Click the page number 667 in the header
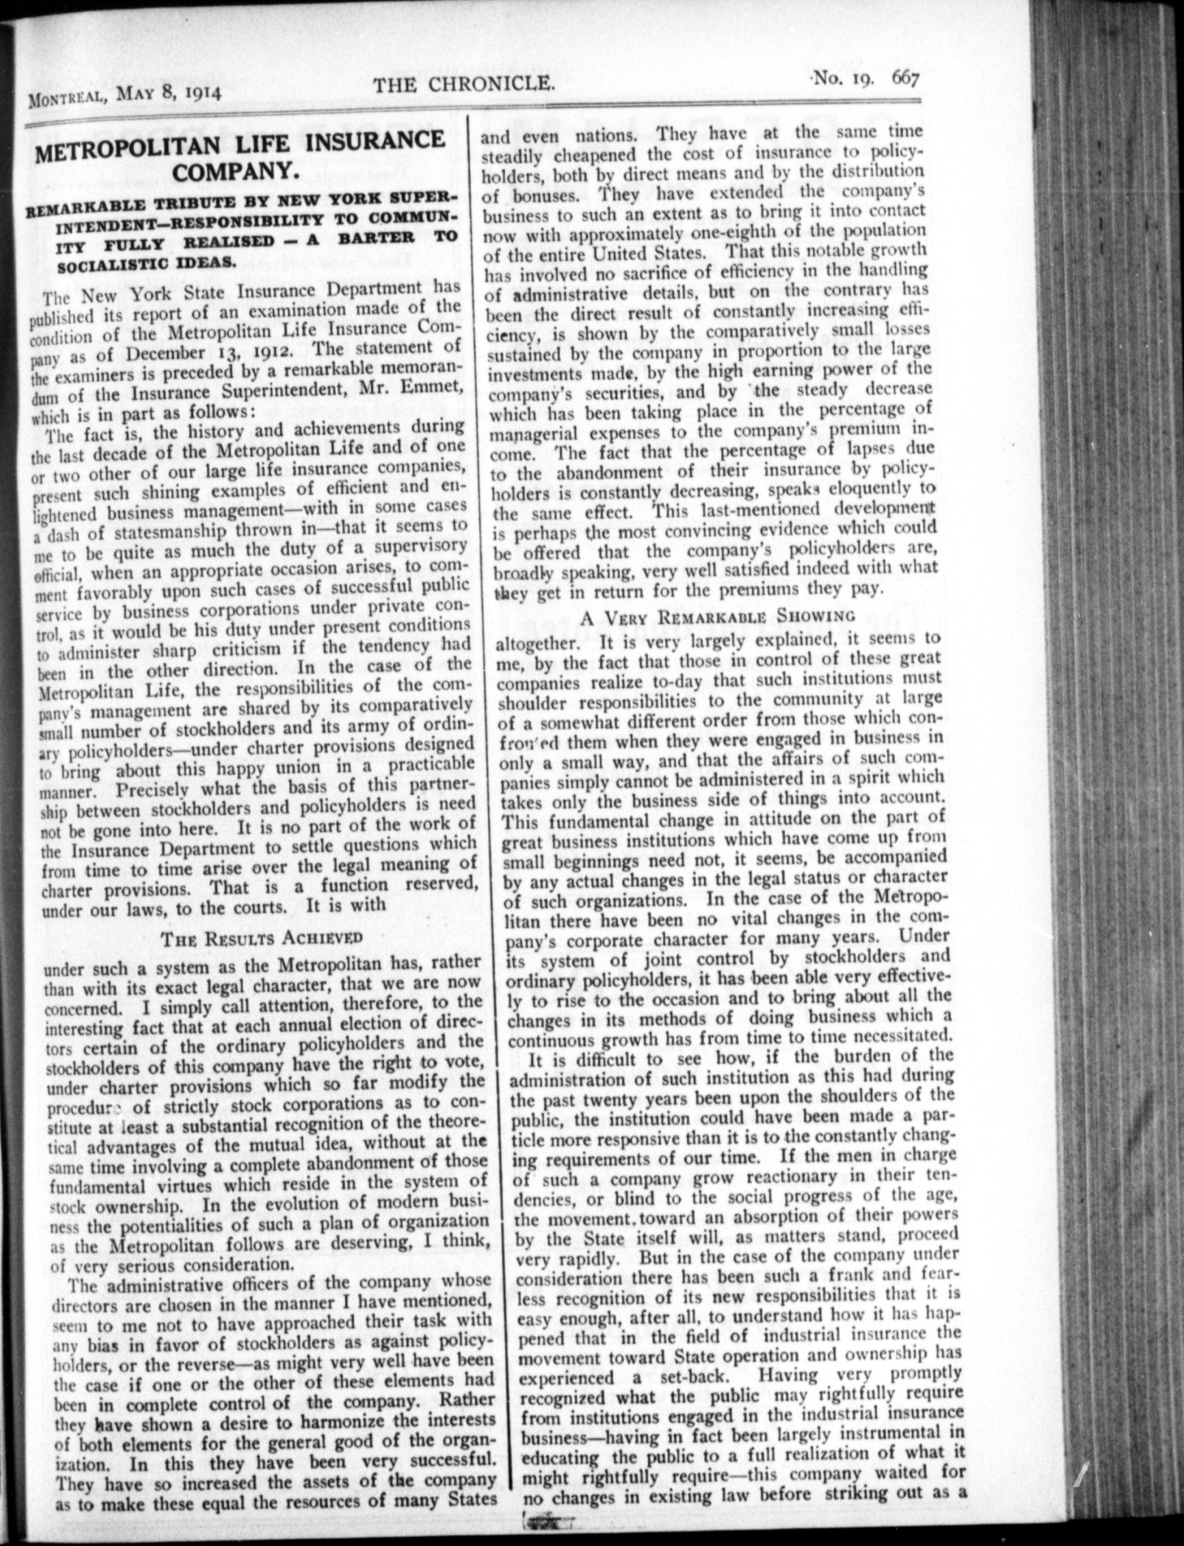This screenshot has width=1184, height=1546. [906, 77]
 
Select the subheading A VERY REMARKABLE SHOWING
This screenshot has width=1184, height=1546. [719, 615]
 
